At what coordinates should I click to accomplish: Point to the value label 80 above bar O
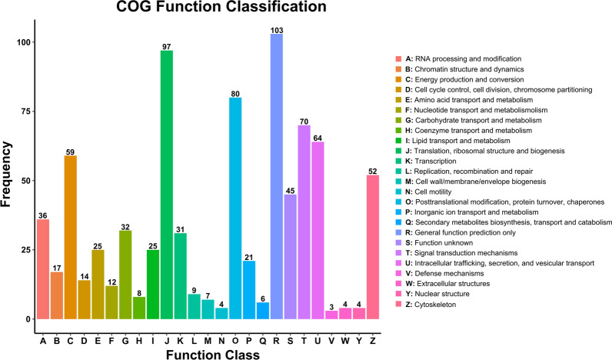[235, 94]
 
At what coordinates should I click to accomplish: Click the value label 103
[277, 30]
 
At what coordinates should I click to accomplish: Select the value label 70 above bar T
[304, 122]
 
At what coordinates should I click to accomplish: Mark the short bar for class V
[331, 315]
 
